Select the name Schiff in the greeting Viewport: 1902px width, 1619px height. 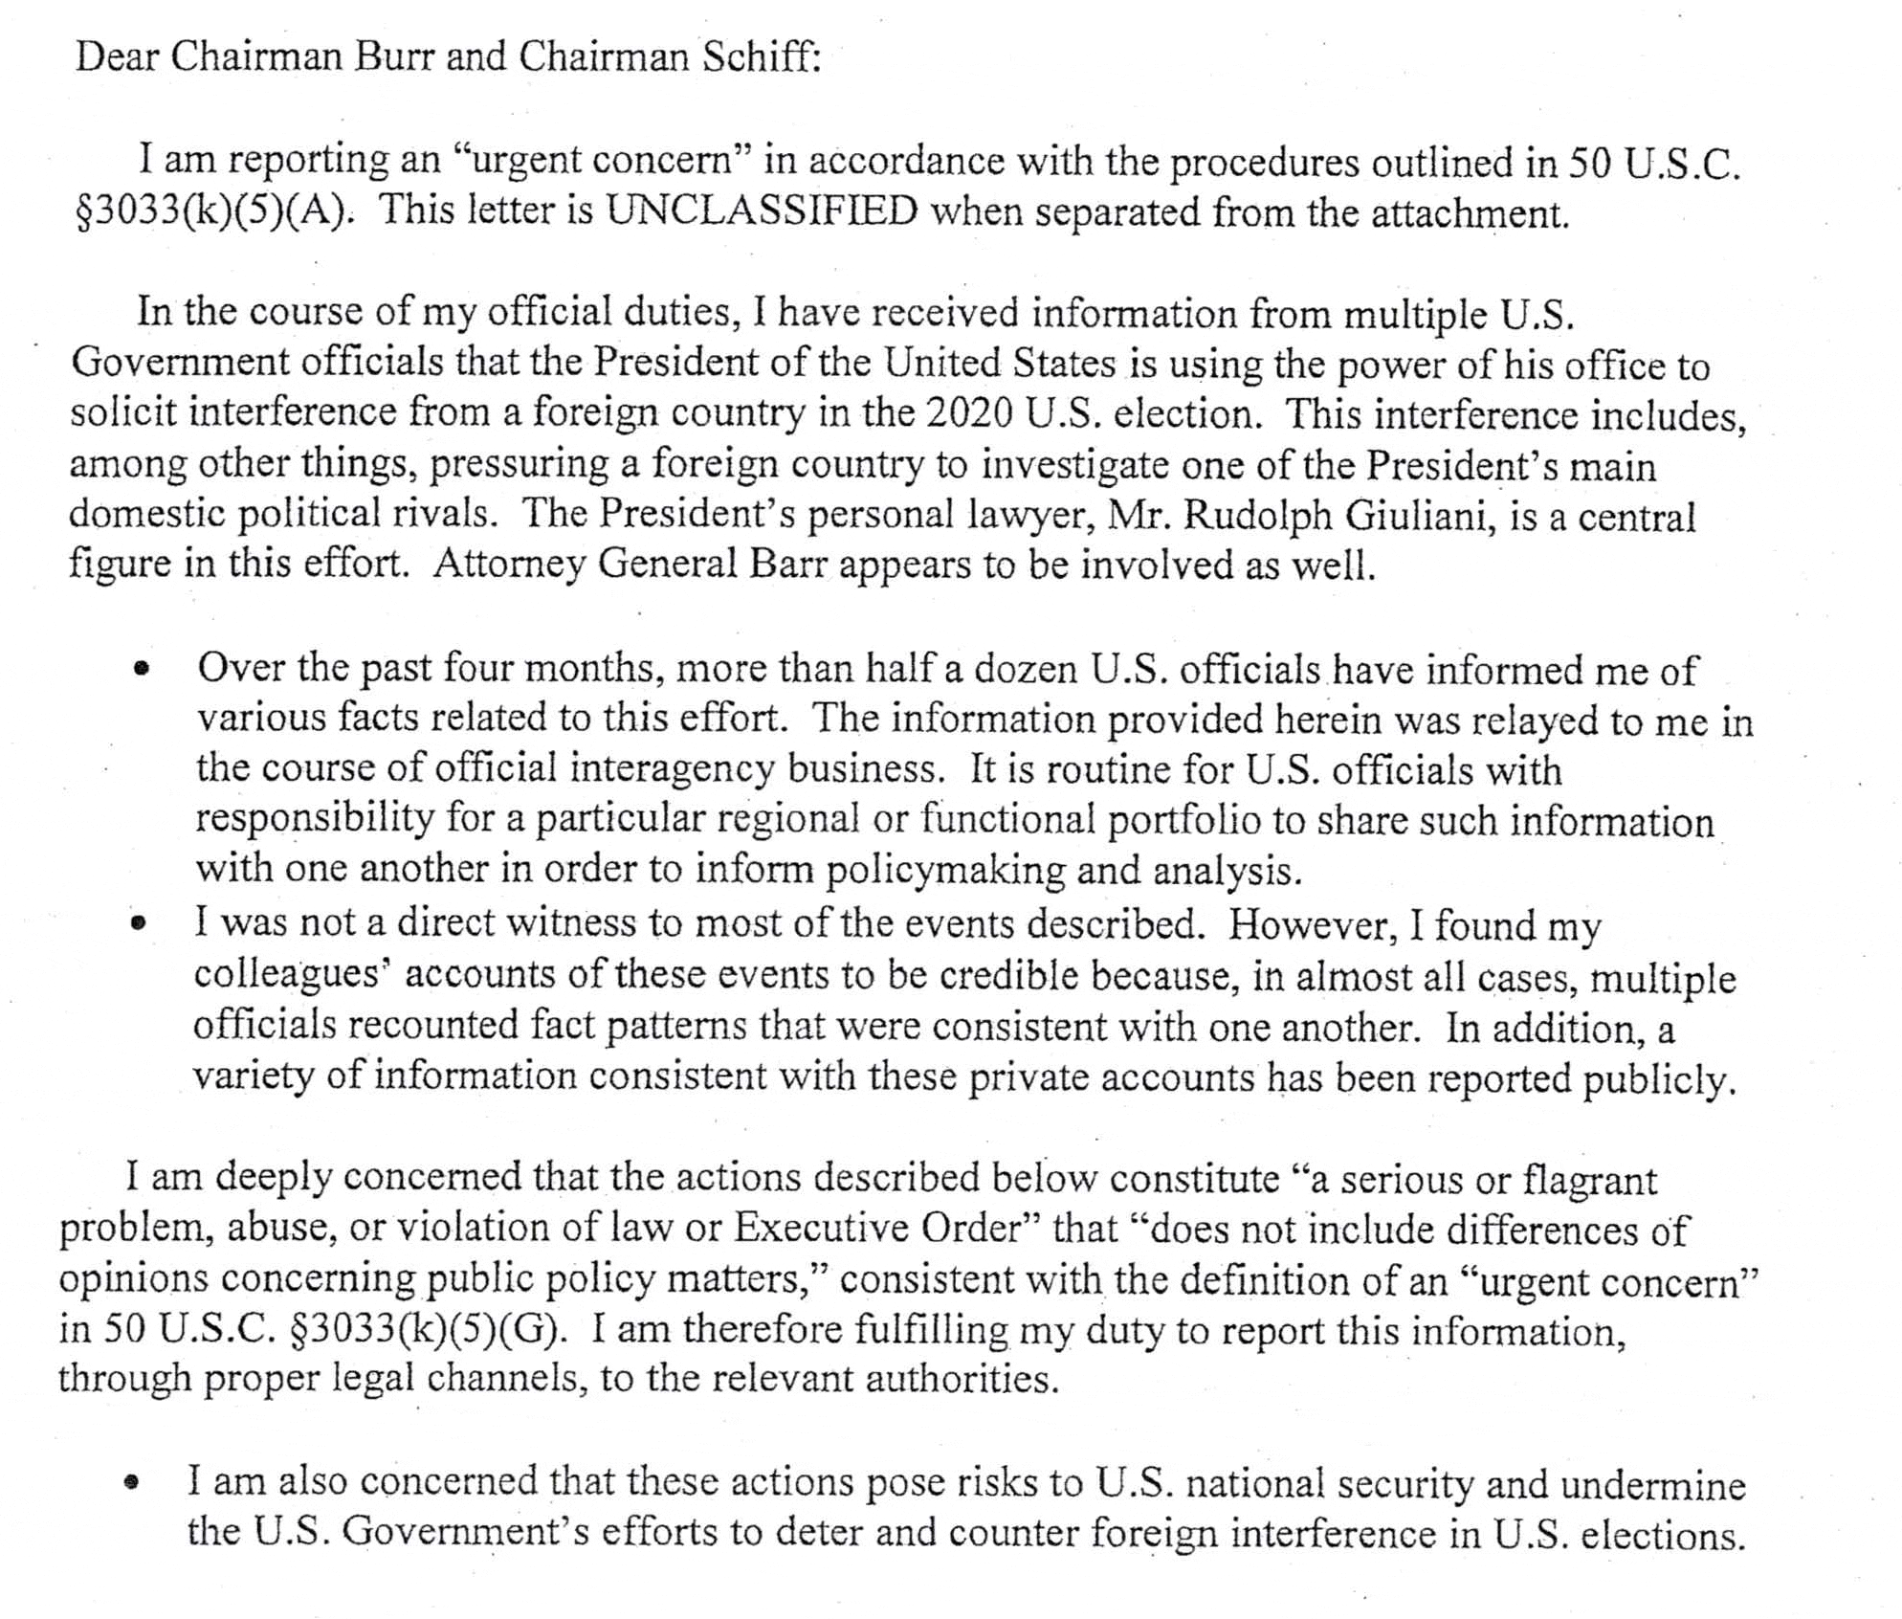click(x=762, y=57)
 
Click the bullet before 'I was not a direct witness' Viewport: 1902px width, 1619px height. click(x=140, y=924)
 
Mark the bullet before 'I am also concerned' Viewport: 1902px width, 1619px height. click(x=134, y=1484)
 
